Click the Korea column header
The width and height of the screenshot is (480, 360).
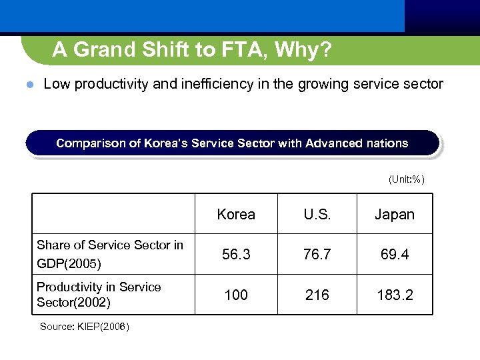click(236, 215)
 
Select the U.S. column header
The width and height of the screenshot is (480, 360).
click(317, 215)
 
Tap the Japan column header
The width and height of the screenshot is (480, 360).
click(395, 215)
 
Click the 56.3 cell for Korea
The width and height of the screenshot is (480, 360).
click(236, 254)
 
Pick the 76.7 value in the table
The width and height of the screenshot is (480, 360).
click(317, 254)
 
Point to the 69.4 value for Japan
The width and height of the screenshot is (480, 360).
click(395, 254)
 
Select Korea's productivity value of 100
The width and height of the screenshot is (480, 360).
click(236, 295)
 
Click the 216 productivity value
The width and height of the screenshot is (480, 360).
click(317, 295)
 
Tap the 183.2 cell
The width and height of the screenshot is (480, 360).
click(395, 295)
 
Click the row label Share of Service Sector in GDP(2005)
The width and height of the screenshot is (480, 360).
click(109, 254)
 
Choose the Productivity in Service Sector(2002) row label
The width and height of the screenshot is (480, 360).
click(99, 295)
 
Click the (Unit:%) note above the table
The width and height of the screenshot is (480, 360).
click(407, 179)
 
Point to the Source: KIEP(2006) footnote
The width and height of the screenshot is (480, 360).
click(85, 327)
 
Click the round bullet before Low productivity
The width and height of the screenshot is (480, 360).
click(28, 85)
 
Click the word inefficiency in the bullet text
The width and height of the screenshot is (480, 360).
click(214, 84)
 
